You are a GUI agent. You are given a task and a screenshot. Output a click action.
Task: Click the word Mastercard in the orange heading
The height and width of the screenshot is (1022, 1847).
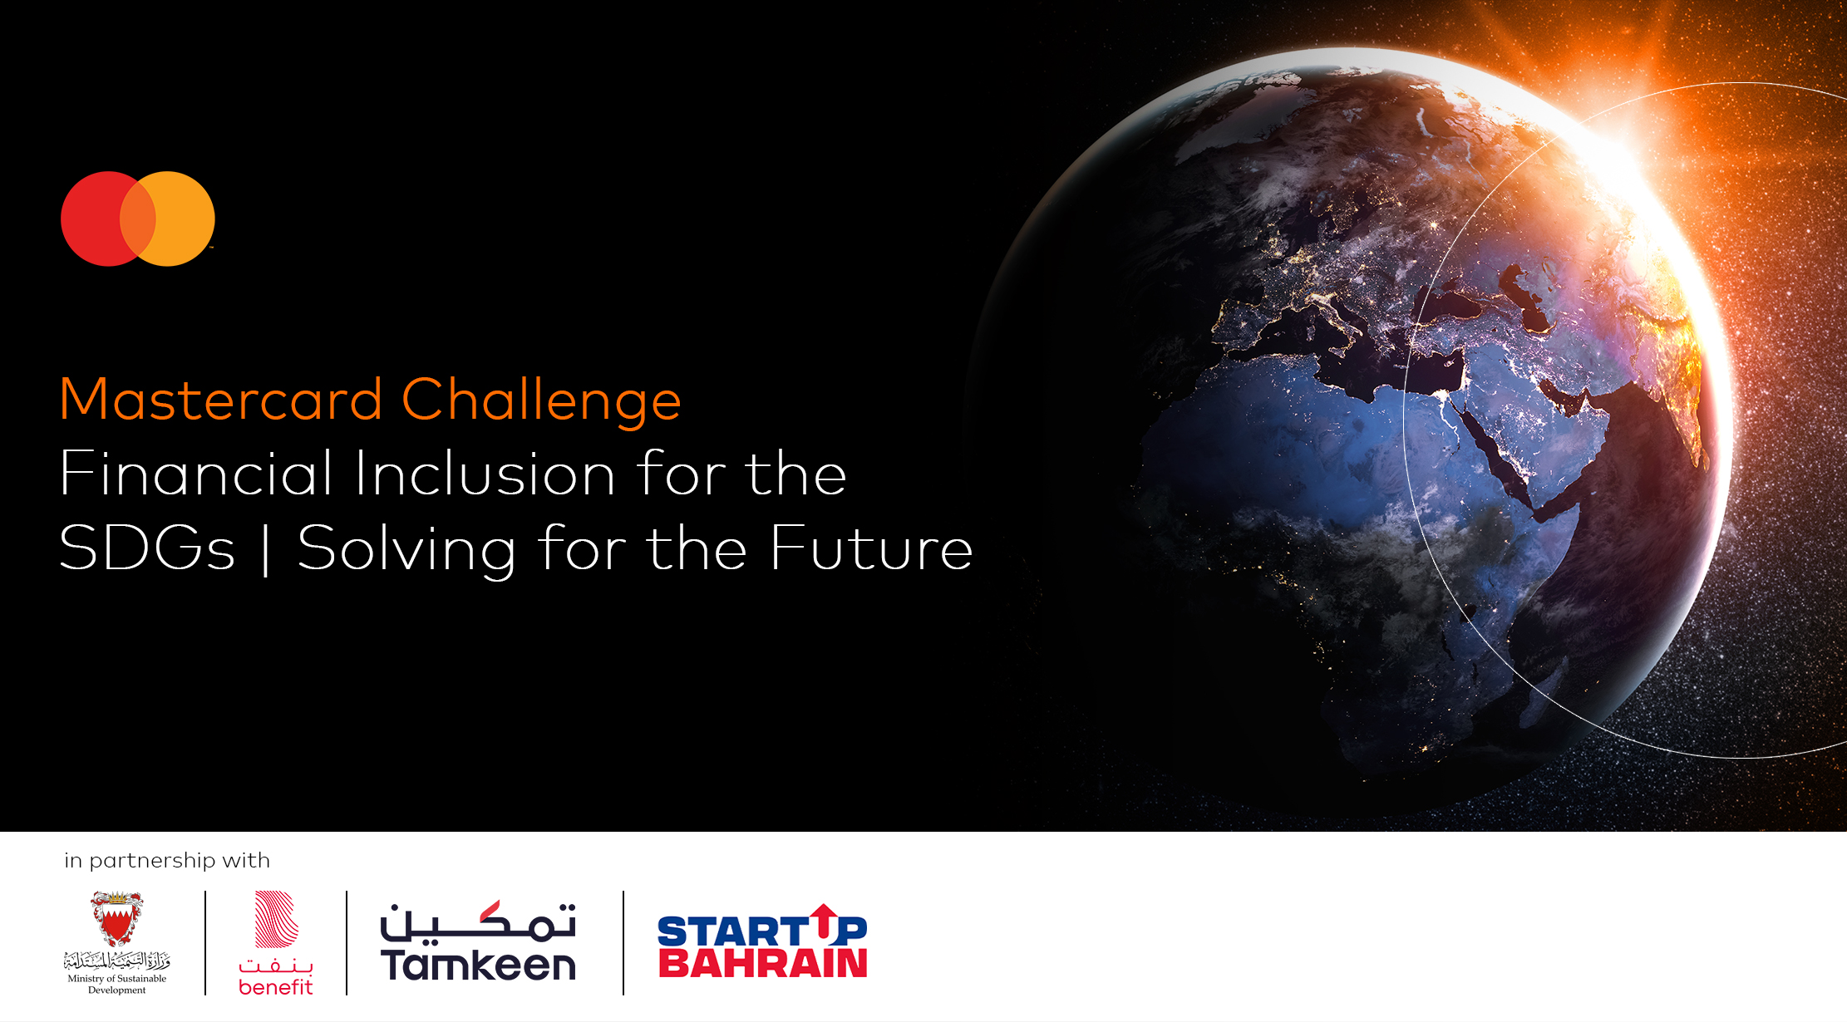pyautogui.click(x=221, y=400)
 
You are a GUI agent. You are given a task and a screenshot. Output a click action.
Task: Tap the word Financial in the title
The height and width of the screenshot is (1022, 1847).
pyautogui.click(x=196, y=474)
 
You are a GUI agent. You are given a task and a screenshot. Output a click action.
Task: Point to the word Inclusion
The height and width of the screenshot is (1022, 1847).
pyautogui.click(x=485, y=474)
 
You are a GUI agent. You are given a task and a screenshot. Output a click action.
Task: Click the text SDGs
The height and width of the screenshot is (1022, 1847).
pyautogui.click(x=147, y=548)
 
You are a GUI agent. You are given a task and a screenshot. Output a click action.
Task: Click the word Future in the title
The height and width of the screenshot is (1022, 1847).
pyautogui.click(x=871, y=548)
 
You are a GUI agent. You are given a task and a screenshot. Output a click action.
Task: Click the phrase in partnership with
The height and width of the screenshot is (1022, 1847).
pyautogui.click(x=167, y=861)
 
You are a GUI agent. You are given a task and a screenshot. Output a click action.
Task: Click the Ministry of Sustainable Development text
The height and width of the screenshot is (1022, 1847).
pyautogui.click(x=117, y=984)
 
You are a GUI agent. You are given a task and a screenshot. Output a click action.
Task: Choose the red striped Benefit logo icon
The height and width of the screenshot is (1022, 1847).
pyautogui.click(x=276, y=919)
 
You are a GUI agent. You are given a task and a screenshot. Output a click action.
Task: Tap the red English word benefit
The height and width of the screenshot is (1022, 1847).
pyautogui.click(x=276, y=987)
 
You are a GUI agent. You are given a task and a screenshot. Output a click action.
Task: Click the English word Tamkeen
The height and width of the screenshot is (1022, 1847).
pyautogui.click(x=478, y=965)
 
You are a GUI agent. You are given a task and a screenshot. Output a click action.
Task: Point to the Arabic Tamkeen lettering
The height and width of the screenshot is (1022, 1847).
pyautogui.click(x=478, y=922)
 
